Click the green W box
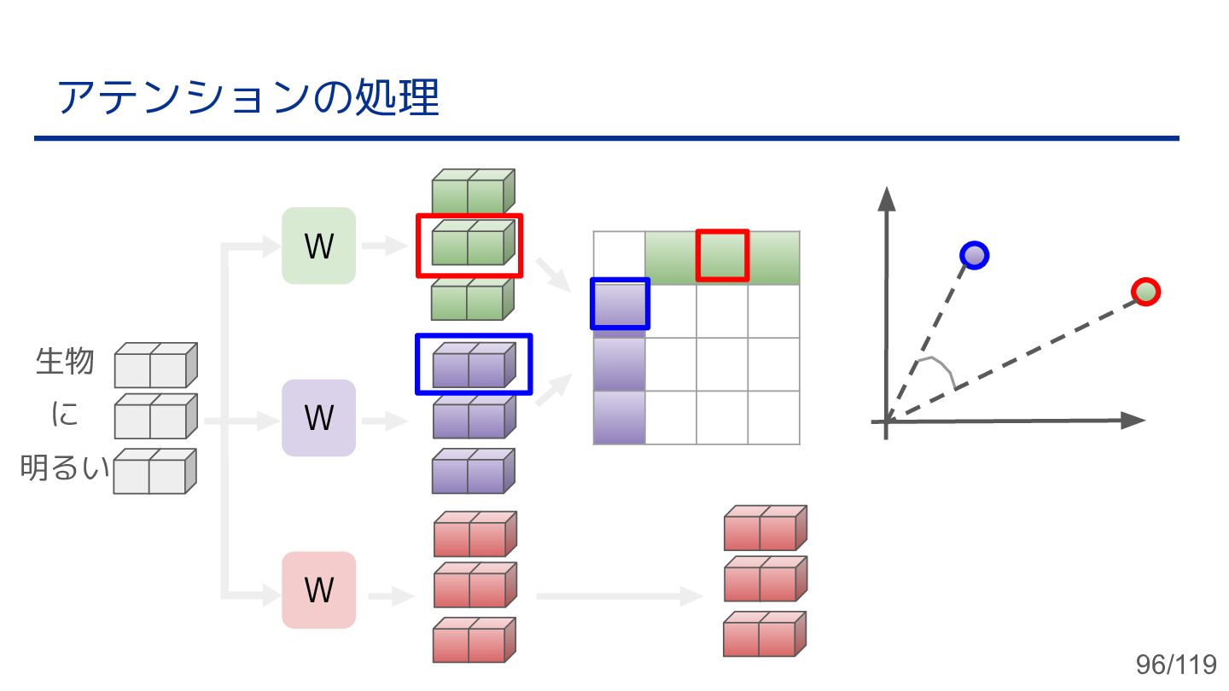pyautogui.click(x=318, y=246)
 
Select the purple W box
pyautogui.click(x=318, y=418)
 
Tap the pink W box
pyautogui.click(x=318, y=590)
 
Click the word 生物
pyautogui.click(x=65, y=362)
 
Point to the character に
pyautogui.click(x=65, y=415)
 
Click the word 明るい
pyautogui.click(x=65, y=468)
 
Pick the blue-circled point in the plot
pyautogui.click(x=974, y=254)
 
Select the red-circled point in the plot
pyautogui.click(x=1146, y=292)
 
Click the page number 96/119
pyautogui.click(x=1175, y=665)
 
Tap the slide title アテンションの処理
pyautogui.click(x=248, y=98)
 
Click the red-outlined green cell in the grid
pyautogui.click(x=722, y=256)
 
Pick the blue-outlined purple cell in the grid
pyautogui.click(x=620, y=304)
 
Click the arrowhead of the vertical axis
pyautogui.click(x=887, y=199)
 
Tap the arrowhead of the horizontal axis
pyautogui.click(x=1133, y=420)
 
